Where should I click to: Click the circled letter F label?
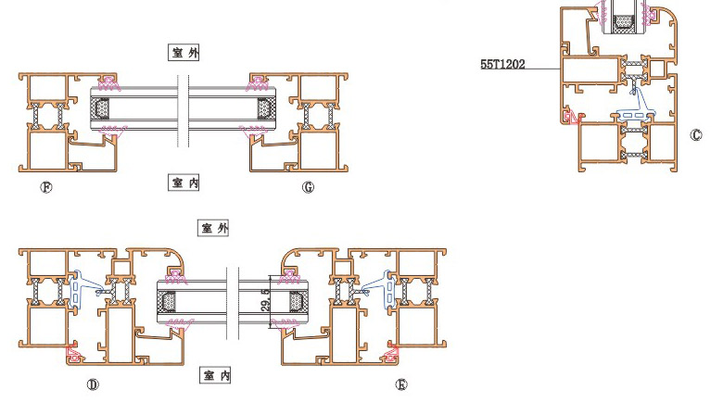(46, 187)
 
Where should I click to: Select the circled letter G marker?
(308, 187)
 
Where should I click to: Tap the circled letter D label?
(93, 384)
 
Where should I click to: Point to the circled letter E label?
(401, 384)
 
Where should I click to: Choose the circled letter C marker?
(696, 135)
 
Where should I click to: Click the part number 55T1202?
(502, 65)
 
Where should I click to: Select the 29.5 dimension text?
(265, 300)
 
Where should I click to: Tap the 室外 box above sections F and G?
(184, 53)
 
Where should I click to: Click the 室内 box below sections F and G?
(184, 182)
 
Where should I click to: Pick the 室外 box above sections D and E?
(214, 228)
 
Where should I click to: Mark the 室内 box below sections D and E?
(215, 375)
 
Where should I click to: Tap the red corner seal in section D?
(74, 353)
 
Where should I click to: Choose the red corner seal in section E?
(391, 353)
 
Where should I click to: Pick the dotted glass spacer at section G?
(264, 109)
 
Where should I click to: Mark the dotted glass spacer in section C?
(624, 21)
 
